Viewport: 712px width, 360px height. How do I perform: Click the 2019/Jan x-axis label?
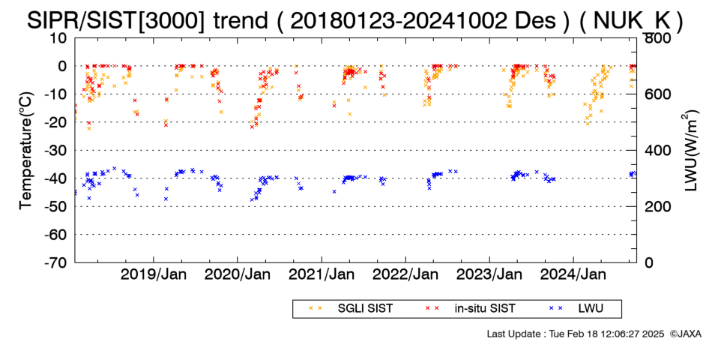coord(154,274)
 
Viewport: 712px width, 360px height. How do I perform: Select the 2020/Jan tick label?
coord(238,274)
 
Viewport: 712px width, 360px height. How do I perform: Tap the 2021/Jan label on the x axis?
coord(322,274)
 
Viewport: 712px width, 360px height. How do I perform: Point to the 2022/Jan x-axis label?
coord(405,274)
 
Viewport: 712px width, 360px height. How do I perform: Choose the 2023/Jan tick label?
coord(489,274)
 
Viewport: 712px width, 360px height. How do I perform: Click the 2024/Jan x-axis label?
coord(573,274)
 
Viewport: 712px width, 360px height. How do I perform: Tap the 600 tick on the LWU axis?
coord(656,94)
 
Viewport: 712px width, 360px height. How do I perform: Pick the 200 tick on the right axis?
coord(656,206)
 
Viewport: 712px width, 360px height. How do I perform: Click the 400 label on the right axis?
coord(656,151)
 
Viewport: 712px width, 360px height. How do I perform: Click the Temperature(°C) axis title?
coord(27,151)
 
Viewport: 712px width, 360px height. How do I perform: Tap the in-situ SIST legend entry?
coord(470,308)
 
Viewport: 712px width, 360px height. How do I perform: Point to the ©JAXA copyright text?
coord(685,334)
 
